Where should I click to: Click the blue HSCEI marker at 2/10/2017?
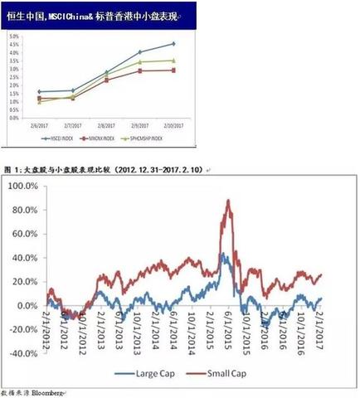coord(173,43)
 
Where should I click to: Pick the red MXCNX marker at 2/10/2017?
coord(173,70)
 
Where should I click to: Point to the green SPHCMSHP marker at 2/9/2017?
coord(139,62)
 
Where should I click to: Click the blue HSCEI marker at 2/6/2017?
coord(40,92)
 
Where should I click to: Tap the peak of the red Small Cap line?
coord(227,200)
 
